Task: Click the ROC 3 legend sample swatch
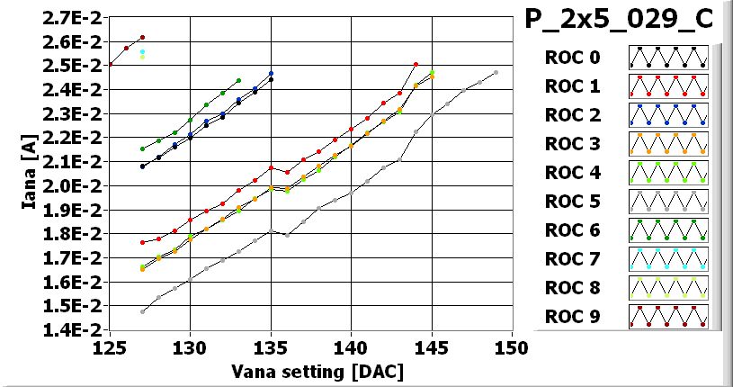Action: pos(668,144)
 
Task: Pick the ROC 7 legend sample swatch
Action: pos(668,259)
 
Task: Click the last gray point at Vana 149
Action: pos(496,73)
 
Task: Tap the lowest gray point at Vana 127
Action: pos(142,311)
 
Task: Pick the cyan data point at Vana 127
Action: pos(142,52)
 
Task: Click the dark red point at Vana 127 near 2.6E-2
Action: pos(142,38)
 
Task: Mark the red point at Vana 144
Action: pos(416,65)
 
